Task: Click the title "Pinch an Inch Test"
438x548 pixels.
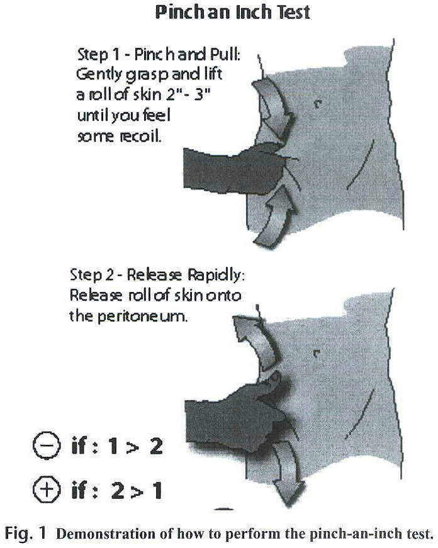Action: coord(232,12)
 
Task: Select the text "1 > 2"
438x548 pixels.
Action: coord(132,447)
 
